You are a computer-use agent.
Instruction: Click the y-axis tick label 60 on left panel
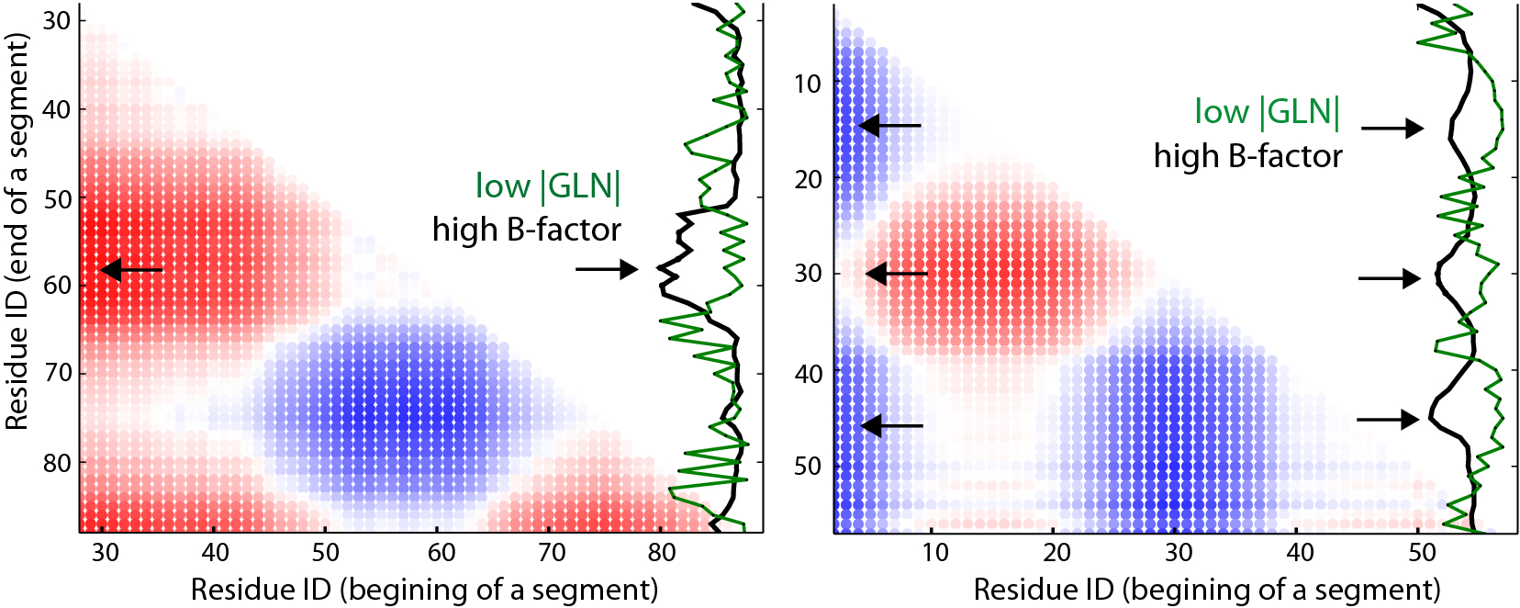57,285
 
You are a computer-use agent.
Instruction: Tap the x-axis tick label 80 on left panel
661,552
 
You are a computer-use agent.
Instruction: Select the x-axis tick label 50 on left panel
325,552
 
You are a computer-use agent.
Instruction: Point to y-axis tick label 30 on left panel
57,20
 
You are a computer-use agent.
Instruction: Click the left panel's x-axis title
424,589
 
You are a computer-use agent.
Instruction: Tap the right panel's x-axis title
1207,589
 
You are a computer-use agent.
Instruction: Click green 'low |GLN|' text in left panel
548,186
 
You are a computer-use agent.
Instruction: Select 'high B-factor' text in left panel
527,230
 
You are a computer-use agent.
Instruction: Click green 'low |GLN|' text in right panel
1267,112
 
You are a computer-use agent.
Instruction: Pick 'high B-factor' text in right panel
1247,156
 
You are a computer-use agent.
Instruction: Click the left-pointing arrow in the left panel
130,270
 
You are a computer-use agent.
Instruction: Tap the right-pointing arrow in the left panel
607,269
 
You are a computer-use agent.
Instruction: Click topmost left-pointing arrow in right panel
889,125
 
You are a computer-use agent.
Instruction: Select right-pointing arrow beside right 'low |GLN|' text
1392,129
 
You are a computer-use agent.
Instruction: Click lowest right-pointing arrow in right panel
1388,420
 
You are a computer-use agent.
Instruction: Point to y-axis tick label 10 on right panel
808,84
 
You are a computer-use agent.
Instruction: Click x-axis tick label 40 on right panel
1300,552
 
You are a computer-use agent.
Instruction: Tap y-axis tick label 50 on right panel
808,467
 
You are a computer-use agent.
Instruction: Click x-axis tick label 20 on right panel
1056,552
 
